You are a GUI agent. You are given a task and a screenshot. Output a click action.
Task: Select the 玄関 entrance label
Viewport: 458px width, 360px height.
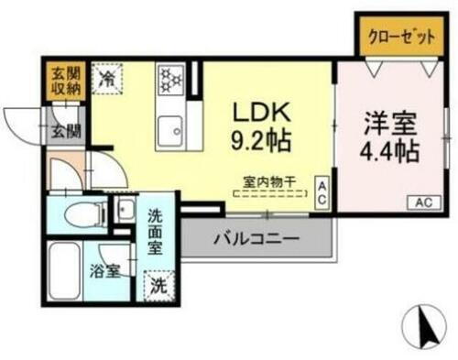[63, 132]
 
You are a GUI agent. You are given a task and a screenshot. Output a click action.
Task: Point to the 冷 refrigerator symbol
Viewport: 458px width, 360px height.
[107, 78]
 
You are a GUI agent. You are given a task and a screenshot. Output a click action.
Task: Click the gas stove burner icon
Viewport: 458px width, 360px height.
[171, 79]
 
